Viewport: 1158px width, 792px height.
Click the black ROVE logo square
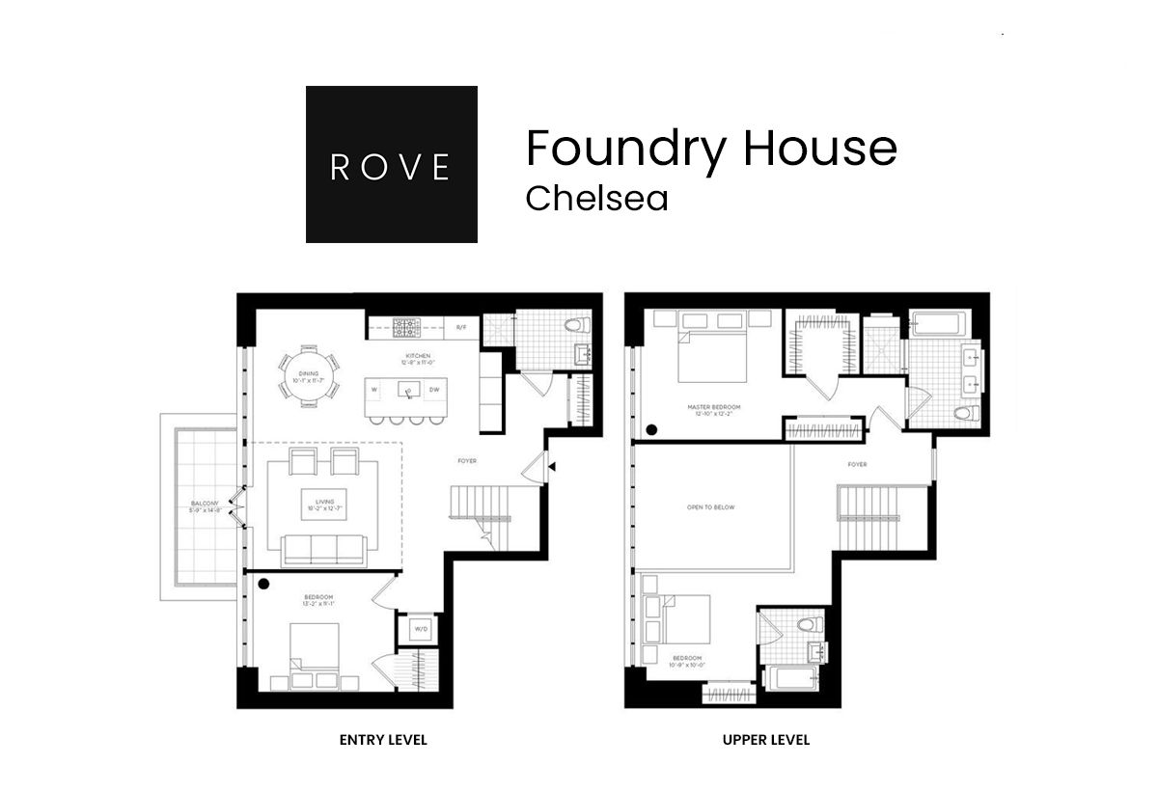click(x=391, y=164)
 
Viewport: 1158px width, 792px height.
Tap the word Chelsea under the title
click(x=596, y=198)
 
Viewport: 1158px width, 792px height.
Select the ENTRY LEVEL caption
click(x=383, y=740)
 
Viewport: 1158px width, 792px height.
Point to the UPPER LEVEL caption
click(x=766, y=740)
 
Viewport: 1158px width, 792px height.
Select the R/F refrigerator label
click(x=461, y=328)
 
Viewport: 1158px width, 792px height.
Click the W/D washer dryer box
click(x=421, y=629)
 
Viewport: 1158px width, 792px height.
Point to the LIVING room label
click(x=324, y=504)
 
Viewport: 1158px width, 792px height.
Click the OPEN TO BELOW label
click(x=710, y=506)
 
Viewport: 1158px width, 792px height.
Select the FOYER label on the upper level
click(x=857, y=464)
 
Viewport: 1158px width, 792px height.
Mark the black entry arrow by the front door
click(x=552, y=467)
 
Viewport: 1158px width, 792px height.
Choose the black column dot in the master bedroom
click(x=651, y=430)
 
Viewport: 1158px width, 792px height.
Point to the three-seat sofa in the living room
click(x=323, y=549)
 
